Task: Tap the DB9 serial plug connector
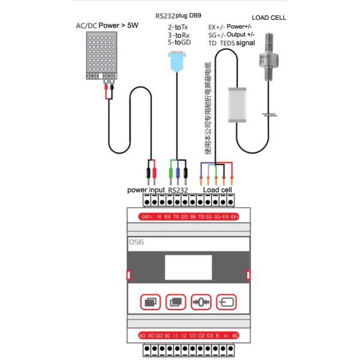[176, 61]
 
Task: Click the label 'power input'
[146, 190]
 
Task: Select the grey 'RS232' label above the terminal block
[179, 190]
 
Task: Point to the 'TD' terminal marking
[201, 216]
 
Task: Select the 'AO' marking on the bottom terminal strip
[142, 335]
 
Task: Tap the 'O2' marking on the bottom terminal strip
[200, 335]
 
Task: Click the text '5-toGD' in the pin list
[179, 43]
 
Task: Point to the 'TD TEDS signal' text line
[232, 43]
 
